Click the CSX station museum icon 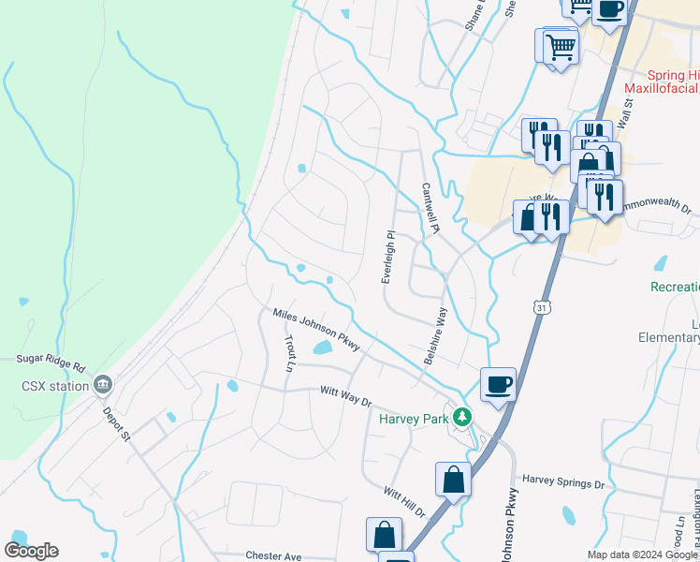103,384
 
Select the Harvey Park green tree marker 459,416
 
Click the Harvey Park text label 414,418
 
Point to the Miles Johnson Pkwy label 316,331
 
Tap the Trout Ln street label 289,355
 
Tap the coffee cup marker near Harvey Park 499,383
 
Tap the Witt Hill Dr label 404,502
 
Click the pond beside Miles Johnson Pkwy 322,348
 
